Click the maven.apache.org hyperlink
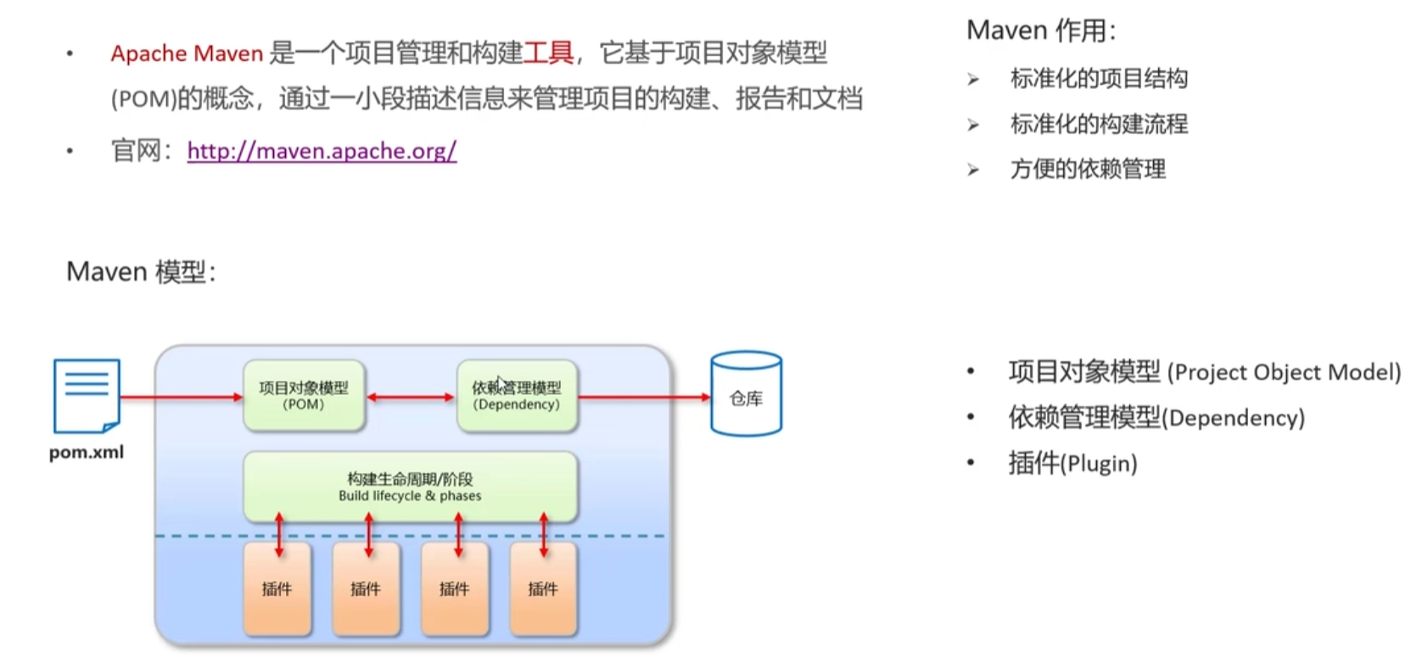click(x=322, y=151)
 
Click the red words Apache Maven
click(x=187, y=53)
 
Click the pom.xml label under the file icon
click(x=87, y=452)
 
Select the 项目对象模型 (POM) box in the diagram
click(x=304, y=396)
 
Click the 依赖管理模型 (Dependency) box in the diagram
click(x=517, y=396)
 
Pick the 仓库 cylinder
click(x=746, y=395)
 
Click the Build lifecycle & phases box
click(x=410, y=487)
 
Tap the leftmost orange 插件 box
click(x=277, y=589)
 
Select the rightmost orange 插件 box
click(x=543, y=589)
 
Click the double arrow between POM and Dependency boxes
click(x=411, y=397)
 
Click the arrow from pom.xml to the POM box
click(x=181, y=397)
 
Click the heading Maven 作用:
click(x=1041, y=31)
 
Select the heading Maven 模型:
click(x=141, y=272)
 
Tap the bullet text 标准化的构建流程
click(x=1099, y=125)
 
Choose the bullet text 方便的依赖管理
click(x=1088, y=170)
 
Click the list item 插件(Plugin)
click(x=1072, y=464)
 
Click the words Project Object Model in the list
click(x=1284, y=372)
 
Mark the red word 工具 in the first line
click(x=548, y=53)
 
